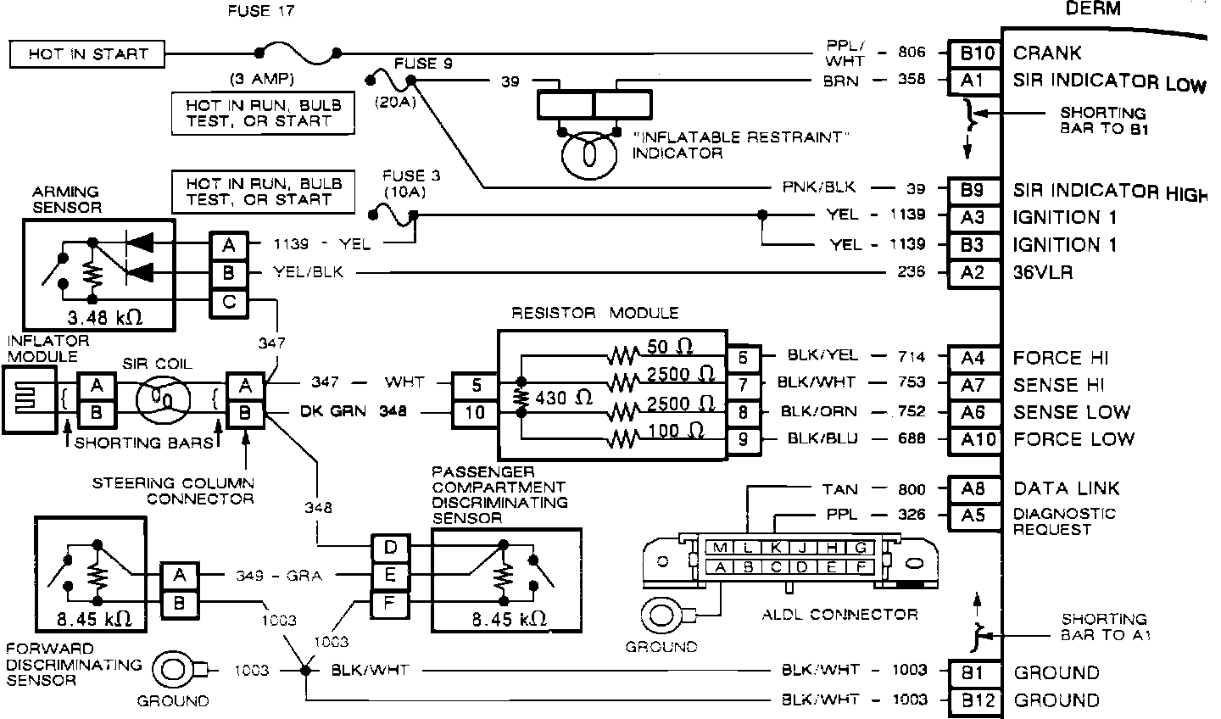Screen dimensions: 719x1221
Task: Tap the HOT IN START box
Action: point(87,54)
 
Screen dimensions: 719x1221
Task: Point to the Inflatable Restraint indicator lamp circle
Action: point(591,156)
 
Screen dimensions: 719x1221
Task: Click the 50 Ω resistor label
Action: point(670,346)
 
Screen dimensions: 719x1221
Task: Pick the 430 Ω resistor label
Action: point(565,396)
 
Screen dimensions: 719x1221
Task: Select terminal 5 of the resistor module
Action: point(476,385)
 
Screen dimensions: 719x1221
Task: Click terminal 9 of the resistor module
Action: point(744,439)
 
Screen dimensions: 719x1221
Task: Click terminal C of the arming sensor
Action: point(229,302)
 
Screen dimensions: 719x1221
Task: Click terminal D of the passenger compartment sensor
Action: point(390,547)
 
